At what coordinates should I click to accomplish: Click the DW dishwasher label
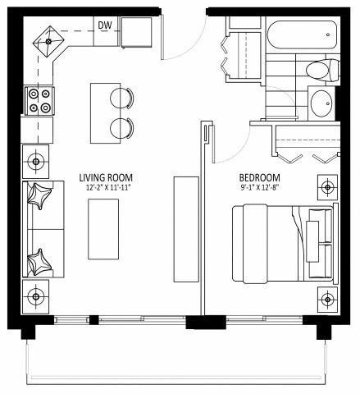[104, 25]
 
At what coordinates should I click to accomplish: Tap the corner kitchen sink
[49, 39]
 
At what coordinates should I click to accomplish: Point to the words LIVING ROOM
[106, 177]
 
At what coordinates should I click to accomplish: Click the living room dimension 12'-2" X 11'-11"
[108, 189]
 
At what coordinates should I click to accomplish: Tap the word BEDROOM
[260, 177]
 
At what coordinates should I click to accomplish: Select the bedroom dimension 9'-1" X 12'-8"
[260, 189]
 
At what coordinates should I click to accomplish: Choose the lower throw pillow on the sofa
[38, 262]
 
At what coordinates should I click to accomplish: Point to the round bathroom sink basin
[321, 103]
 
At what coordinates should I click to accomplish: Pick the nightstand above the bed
[327, 188]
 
